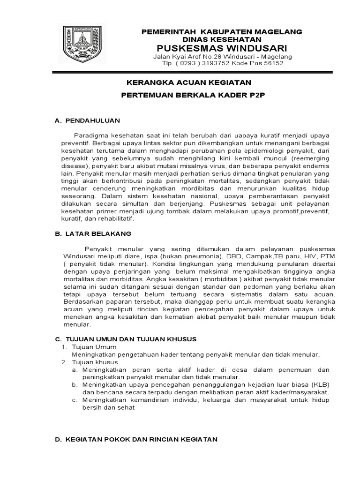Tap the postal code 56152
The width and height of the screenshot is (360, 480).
(274, 63)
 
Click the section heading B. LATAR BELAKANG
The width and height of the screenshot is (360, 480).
(93, 233)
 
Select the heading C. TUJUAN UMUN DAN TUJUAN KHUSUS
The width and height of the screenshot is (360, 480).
(126, 339)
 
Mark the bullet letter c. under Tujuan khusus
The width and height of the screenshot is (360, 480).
(75, 400)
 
